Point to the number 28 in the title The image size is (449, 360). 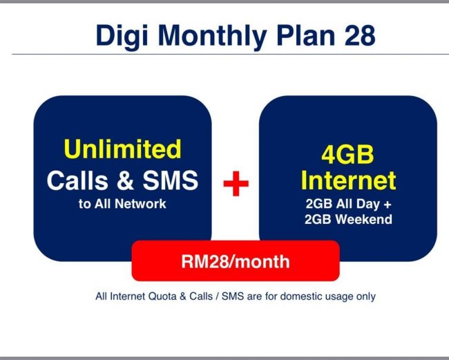tap(359, 35)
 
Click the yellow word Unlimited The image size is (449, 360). tap(122, 149)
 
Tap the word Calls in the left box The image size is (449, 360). tap(78, 180)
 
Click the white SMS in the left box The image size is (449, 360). tap(170, 180)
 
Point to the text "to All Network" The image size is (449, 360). tap(122, 205)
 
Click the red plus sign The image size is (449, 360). tap(236, 183)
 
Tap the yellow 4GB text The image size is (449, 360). tap(348, 153)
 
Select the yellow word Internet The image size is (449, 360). tap(348, 180)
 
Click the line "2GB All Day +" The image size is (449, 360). tap(348, 205)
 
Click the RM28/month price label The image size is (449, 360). tap(236, 261)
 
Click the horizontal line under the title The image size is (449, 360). tap(224, 55)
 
